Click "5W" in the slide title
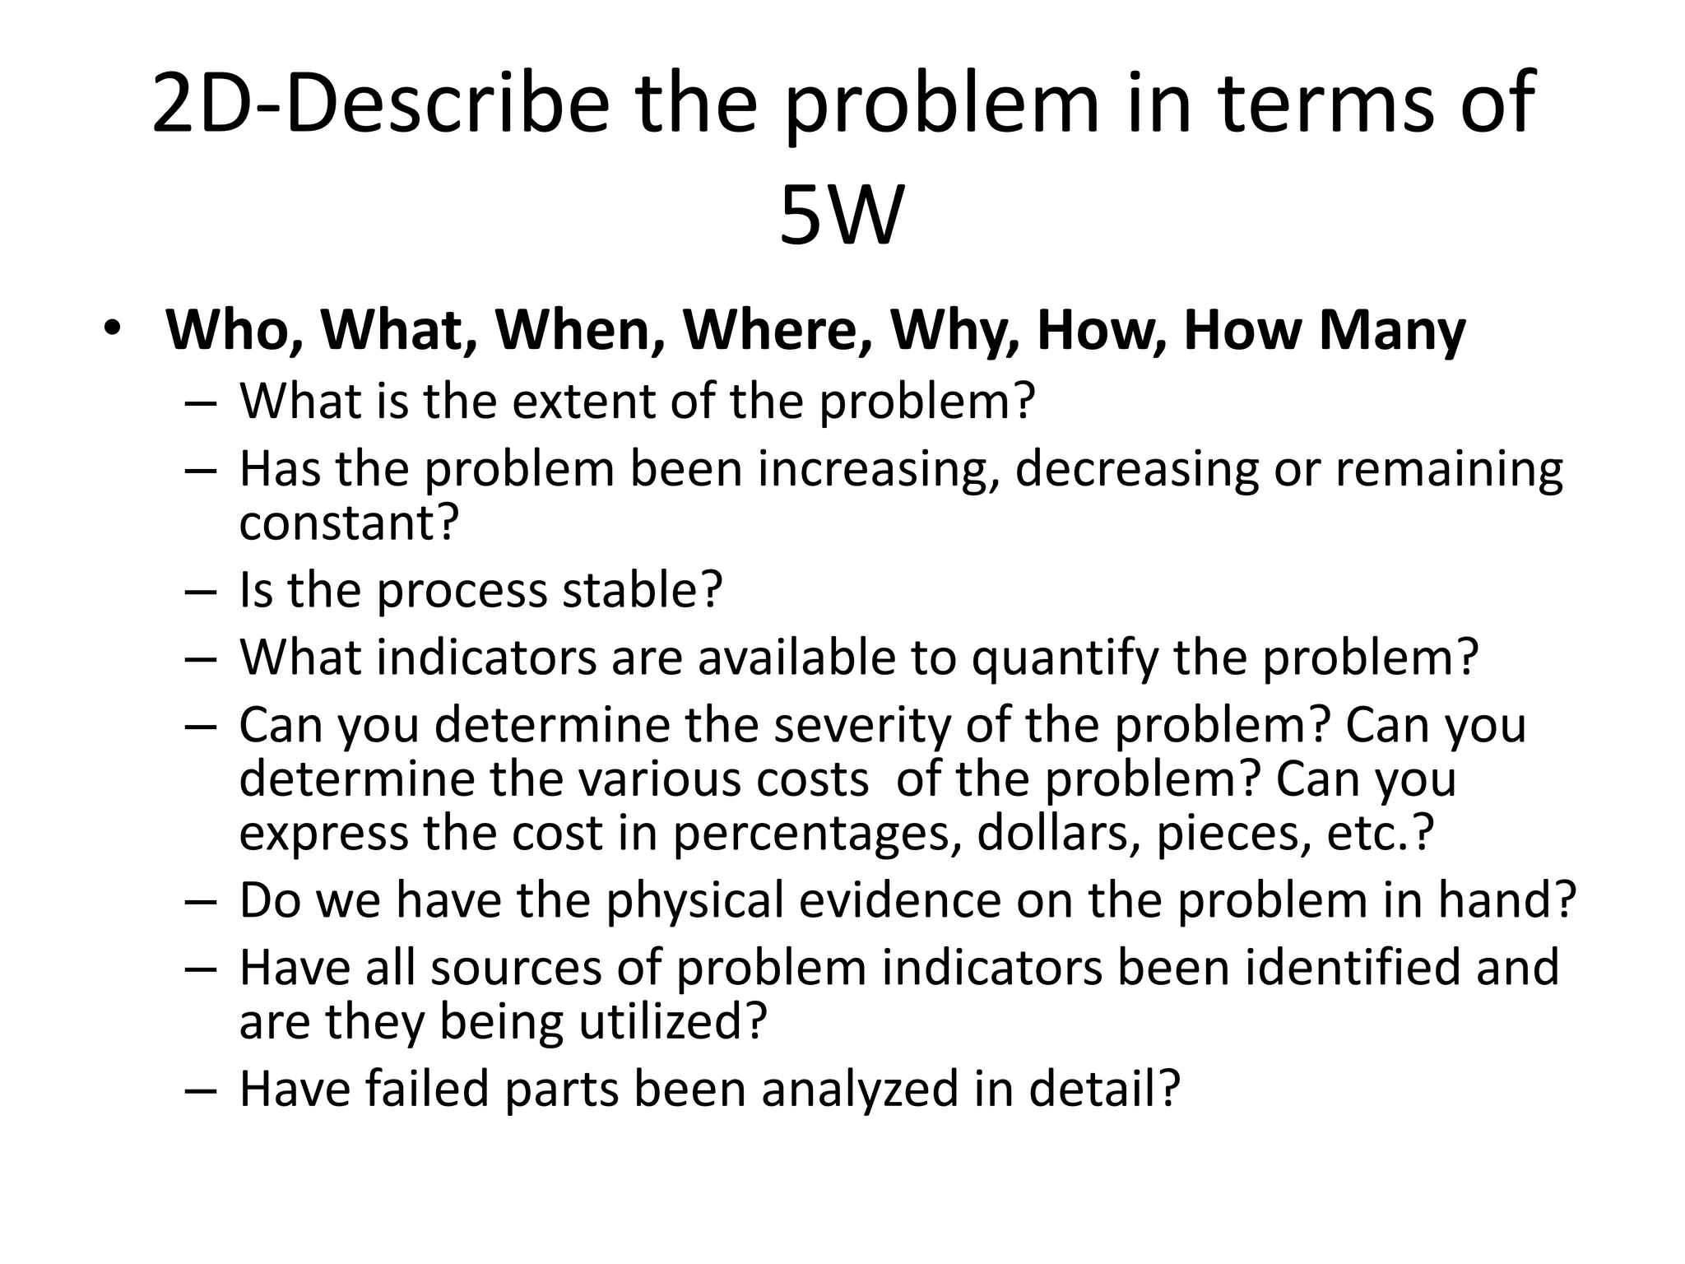click(x=841, y=216)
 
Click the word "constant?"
click(x=348, y=522)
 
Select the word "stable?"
click(x=642, y=590)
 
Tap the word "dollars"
click(x=1059, y=833)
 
